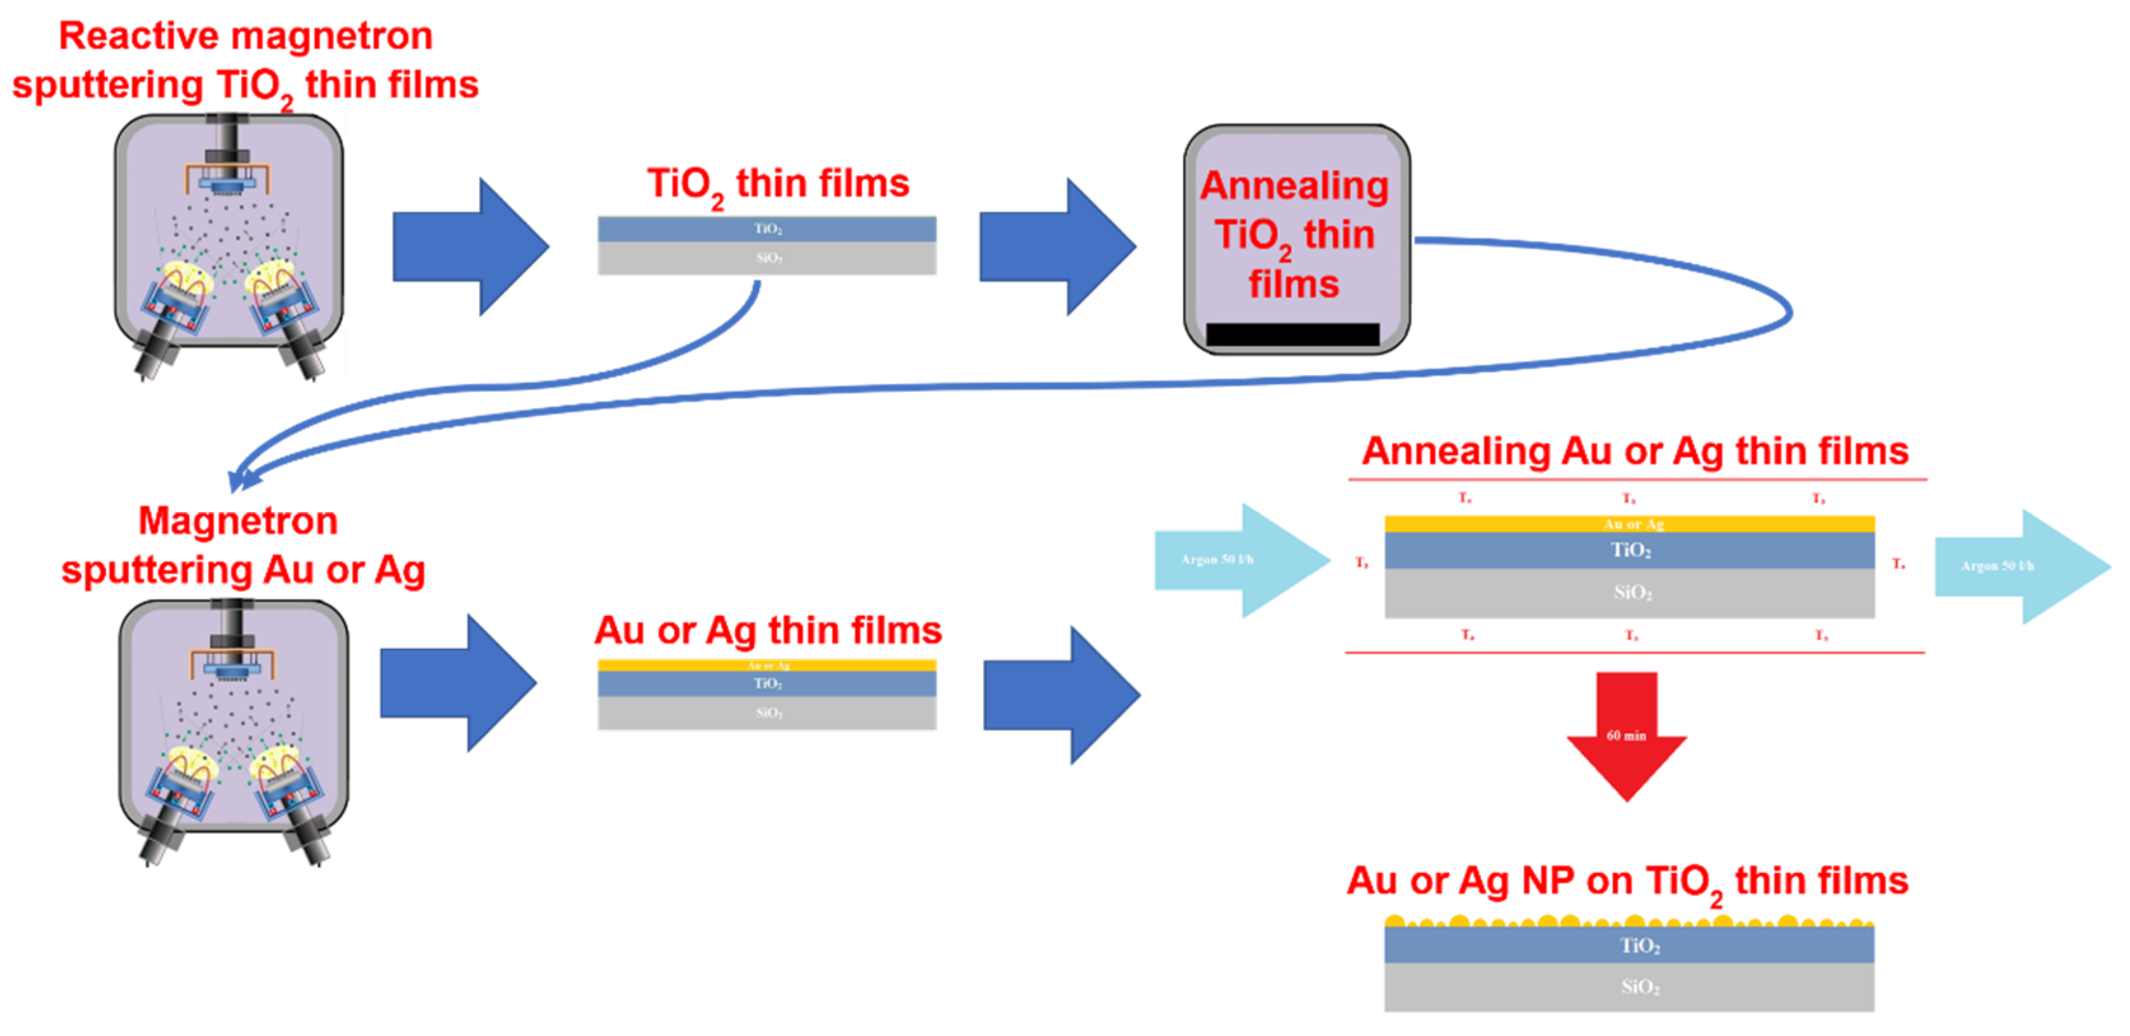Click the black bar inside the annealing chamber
click(x=1293, y=334)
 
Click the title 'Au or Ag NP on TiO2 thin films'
click(x=1627, y=881)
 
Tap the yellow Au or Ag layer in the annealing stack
click(x=1629, y=523)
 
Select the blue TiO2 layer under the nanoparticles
click(x=1629, y=945)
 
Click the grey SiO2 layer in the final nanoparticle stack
click(x=1629, y=987)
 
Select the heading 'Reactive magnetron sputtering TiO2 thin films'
click(x=246, y=61)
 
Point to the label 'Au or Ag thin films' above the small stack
click(x=767, y=631)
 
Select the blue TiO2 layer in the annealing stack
click(x=1629, y=550)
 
